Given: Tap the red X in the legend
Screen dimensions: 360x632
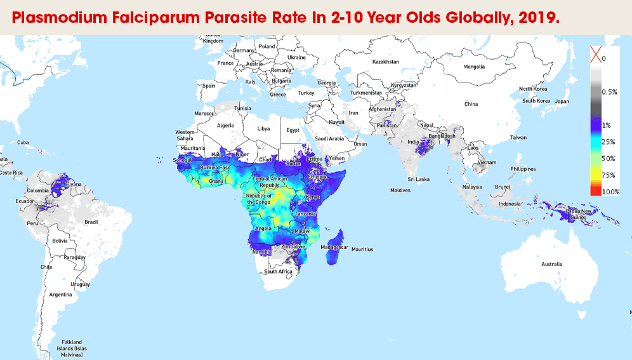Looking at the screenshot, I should point(595,57).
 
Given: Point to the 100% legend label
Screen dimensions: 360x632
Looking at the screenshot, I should point(610,192).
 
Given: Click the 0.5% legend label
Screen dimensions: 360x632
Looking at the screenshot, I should point(610,92).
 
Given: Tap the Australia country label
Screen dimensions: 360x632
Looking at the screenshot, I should point(551,263).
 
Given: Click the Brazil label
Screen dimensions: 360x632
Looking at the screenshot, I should point(90,222).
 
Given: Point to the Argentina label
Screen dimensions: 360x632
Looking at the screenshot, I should point(60,295).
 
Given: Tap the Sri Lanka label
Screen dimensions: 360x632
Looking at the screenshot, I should point(419,180).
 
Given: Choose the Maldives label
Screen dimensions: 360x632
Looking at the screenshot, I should point(400,190).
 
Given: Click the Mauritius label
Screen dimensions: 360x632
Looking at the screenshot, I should point(362,250).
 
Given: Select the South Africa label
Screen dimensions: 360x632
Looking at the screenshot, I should point(278,272).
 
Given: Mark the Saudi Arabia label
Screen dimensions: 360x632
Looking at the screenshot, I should point(330,138).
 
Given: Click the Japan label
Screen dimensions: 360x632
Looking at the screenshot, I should point(562,102).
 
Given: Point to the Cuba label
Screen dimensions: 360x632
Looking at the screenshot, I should point(23,142).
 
